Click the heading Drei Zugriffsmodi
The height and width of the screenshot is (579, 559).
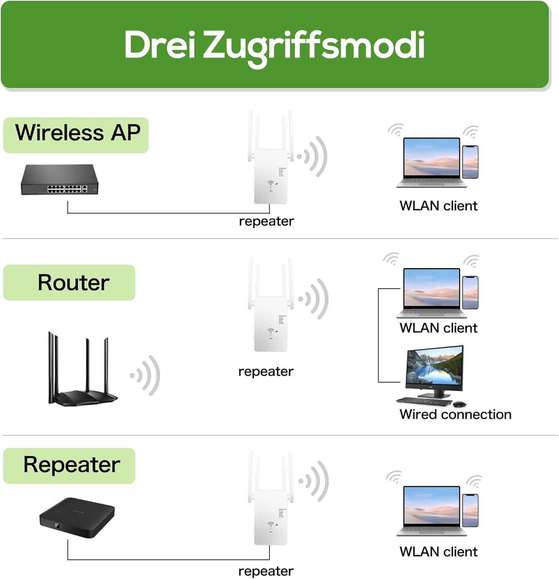[274, 45]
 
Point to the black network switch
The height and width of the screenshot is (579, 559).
[59, 180]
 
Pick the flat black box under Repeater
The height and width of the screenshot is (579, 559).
[77, 517]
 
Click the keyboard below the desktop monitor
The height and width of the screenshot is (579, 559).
[424, 401]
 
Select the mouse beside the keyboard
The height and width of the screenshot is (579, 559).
[459, 404]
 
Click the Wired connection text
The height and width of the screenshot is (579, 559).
[456, 415]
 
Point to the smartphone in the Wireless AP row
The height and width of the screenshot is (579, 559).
[470, 162]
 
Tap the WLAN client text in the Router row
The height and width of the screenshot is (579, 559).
[439, 328]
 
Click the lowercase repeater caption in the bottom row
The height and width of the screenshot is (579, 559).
[266, 571]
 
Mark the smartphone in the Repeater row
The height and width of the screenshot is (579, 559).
[470, 510]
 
